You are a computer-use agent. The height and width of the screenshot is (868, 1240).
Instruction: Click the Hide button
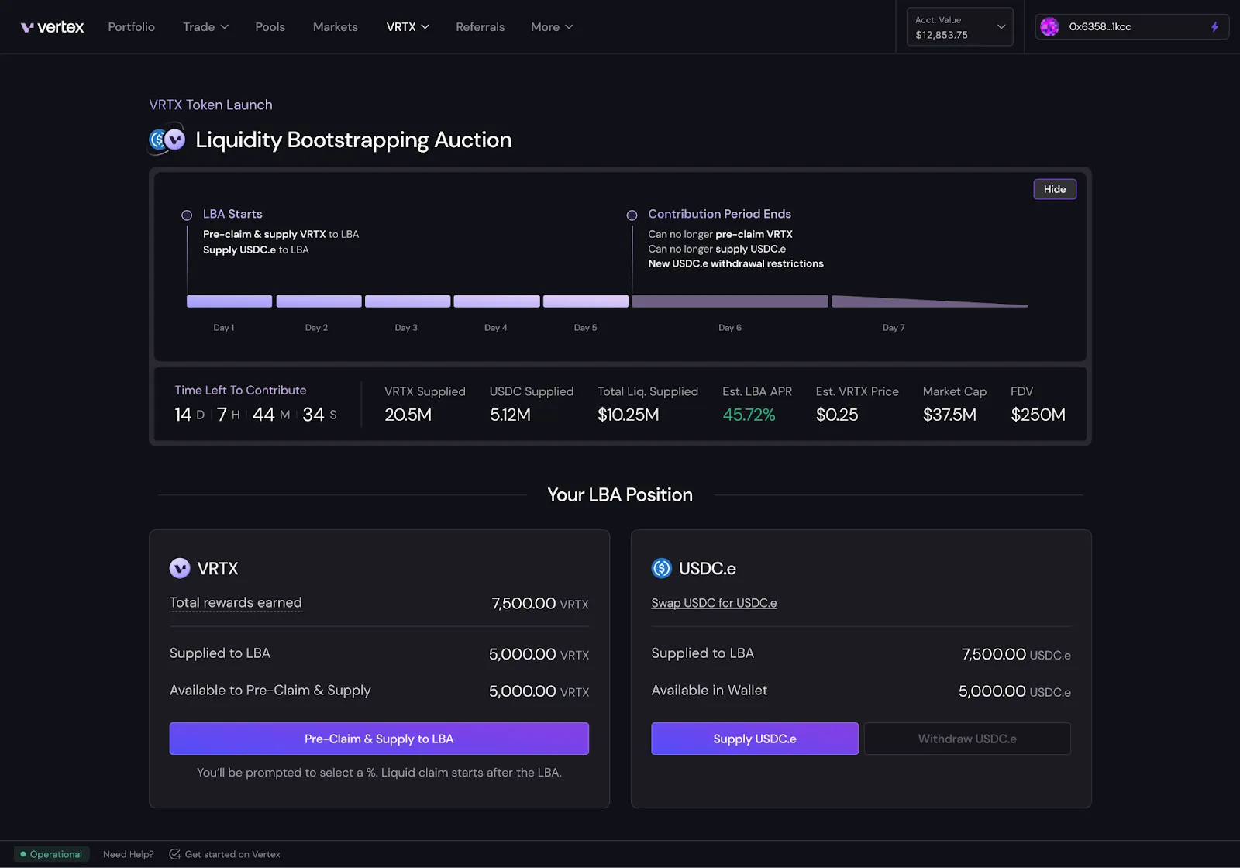[1054, 189]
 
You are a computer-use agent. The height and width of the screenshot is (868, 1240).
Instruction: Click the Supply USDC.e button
[754, 739]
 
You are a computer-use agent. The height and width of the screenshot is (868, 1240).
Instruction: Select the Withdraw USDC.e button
[966, 739]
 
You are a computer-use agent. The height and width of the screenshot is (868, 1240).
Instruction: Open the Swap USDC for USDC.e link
[714, 603]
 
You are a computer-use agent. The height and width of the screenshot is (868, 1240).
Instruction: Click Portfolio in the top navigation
[131, 27]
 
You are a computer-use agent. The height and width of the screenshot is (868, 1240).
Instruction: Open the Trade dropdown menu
[205, 27]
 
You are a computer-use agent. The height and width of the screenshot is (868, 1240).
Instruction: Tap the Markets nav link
[335, 27]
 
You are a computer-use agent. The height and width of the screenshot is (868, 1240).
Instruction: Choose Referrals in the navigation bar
[480, 27]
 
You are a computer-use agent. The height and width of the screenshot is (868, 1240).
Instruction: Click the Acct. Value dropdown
[959, 27]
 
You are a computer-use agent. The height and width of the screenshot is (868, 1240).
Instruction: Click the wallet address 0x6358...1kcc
[1100, 27]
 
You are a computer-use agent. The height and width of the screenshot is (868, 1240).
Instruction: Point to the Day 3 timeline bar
[408, 301]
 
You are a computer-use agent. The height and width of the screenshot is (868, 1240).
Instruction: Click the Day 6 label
[729, 328]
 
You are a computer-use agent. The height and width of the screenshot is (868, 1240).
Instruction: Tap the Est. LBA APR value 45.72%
[749, 415]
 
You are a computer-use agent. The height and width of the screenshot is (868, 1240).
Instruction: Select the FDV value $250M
[1038, 415]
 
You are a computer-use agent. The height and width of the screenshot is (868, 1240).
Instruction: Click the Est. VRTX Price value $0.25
[836, 415]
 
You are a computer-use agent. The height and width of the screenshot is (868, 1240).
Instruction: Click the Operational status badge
[51, 854]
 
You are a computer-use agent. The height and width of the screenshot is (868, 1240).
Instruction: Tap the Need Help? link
[128, 854]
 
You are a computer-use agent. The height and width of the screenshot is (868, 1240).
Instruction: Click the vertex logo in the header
[52, 27]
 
